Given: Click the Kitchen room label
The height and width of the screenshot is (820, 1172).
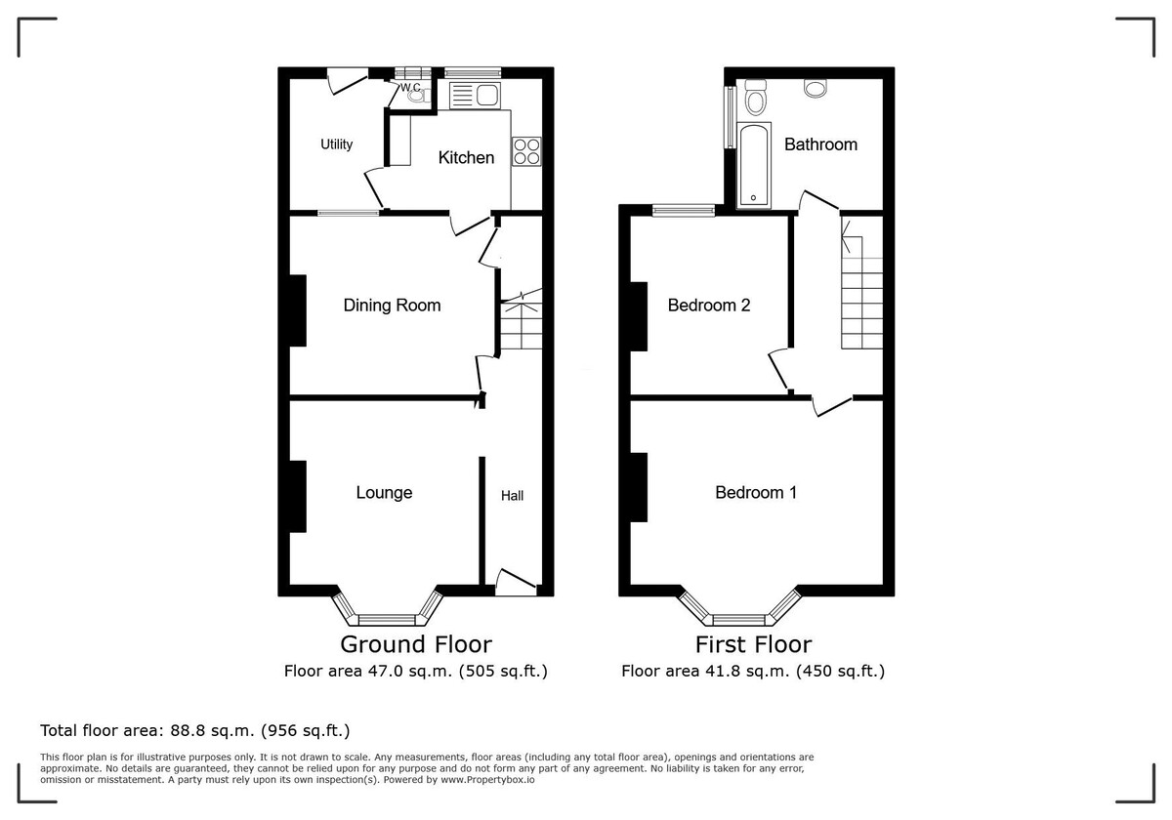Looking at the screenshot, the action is [x=466, y=157].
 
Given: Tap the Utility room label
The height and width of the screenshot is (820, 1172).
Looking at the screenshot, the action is [x=336, y=144].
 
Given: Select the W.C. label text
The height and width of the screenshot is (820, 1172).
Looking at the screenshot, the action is [x=410, y=87].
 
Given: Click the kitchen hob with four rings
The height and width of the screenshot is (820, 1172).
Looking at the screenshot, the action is [x=526, y=151].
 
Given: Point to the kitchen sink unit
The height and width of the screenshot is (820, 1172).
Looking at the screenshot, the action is [x=475, y=96].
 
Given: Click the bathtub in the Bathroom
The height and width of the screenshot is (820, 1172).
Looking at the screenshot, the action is [x=753, y=165].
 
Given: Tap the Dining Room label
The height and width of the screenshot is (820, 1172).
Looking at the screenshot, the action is [x=392, y=305].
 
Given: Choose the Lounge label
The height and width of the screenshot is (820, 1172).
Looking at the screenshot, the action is [x=384, y=493].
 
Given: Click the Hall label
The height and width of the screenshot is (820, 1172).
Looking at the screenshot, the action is [x=512, y=496].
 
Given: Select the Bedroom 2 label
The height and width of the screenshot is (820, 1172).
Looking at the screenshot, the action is [x=709, y=305].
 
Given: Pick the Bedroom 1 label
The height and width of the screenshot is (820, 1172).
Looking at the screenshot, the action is [x=756, y=493].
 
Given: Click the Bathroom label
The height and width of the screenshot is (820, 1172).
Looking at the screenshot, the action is [x=820, y=144].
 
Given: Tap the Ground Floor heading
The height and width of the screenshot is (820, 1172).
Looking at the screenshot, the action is [x=416, y=645].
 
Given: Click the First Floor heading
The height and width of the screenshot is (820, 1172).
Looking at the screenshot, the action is [x=753, y=645].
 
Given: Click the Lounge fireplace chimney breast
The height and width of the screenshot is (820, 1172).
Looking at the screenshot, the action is [x=298, y=496].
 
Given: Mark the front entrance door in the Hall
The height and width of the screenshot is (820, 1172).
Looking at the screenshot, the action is [x=516, y=583].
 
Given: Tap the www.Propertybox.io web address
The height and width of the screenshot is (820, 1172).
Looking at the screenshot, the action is [x=487, y=780].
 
